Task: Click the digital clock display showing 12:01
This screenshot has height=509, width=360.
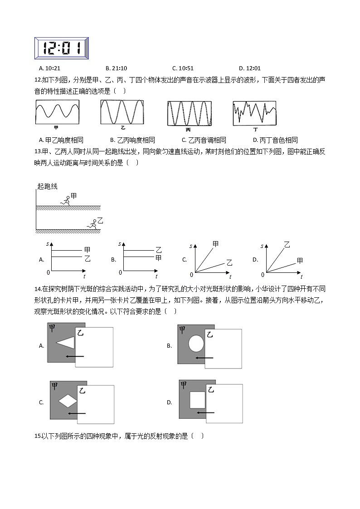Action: pos(61,48)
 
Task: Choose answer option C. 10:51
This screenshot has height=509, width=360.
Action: pos(183,68)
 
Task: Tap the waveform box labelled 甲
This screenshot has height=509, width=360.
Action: pos(58,112)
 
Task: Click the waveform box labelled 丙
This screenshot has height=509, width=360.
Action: pos(189,113)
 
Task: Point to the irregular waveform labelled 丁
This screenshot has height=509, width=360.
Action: pos(254,113)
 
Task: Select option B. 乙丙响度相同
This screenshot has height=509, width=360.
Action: pos(132,140)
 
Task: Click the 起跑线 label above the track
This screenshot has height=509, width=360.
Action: pos(48,187)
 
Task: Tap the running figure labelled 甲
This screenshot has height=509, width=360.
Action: pos(66,200)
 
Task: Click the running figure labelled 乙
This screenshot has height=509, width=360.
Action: pos(92,223)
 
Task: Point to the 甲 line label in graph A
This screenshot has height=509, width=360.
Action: pos(87,250)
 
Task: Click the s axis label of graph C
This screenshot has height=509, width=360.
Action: pos(191,246)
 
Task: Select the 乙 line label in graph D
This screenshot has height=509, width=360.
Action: pos(287,245)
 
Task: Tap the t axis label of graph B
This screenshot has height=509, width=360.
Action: pos(156,276)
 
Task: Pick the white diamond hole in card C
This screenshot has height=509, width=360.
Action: pos(68,401)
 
